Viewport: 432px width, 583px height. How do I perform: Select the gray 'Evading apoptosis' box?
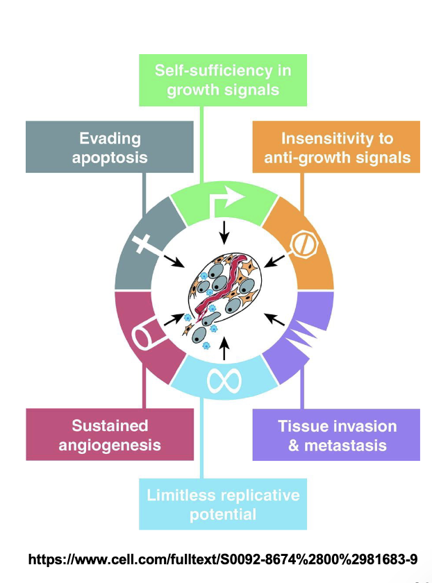(109, 146)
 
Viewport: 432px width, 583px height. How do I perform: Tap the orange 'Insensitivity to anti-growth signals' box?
(337, 146)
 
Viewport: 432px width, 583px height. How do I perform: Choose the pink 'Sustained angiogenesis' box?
(109, 434)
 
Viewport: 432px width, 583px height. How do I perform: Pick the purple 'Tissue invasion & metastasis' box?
(337, 434)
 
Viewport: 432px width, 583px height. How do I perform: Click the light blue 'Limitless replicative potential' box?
(223, 505)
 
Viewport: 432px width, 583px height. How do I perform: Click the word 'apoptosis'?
(109, 157)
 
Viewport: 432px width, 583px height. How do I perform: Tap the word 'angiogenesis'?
(109, 445)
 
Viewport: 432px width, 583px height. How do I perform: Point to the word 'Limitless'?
(181, 495)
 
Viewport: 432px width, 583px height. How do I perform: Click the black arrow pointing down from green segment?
(224, 235)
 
